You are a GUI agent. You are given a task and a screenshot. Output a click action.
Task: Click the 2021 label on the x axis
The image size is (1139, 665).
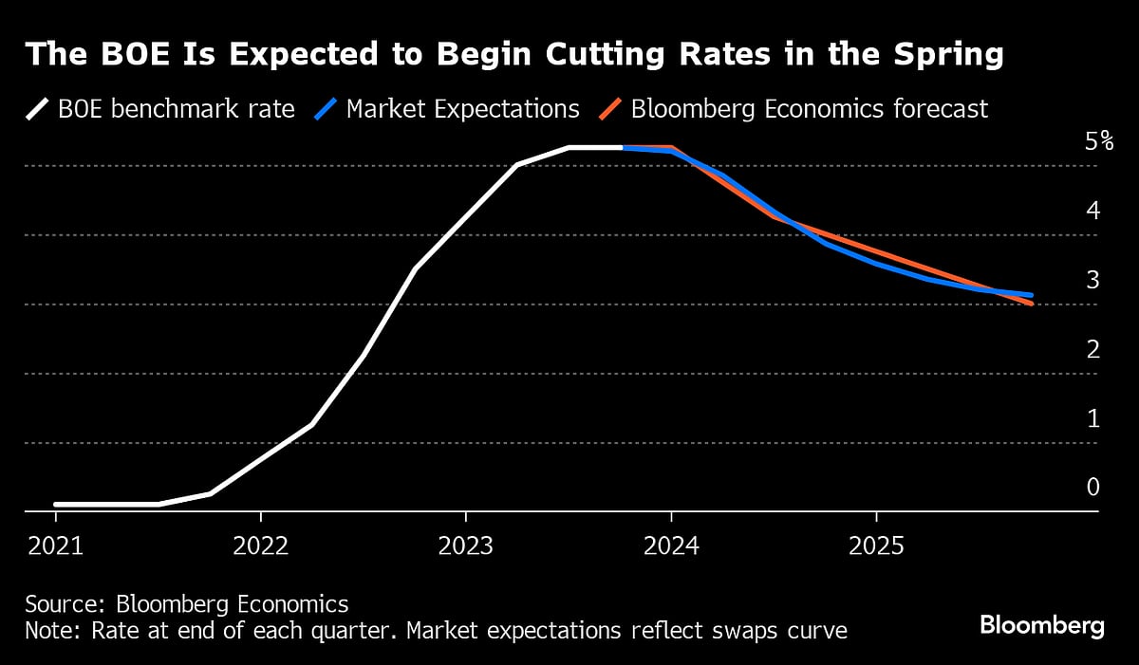click(55, 546)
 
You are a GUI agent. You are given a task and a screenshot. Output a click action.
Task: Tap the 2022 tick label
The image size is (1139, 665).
click(260, 546)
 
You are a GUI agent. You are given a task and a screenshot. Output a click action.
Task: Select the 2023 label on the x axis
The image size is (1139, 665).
click(465, 546)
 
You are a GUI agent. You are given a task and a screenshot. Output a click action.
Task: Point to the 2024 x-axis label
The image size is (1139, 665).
click(670, 546)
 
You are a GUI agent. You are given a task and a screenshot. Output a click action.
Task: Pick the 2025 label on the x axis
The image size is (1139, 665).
click(875, 546)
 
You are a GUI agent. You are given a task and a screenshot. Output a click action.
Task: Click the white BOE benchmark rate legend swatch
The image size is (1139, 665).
click(37, 109)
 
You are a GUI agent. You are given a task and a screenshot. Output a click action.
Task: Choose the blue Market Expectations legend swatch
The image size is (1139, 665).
click(325, 109)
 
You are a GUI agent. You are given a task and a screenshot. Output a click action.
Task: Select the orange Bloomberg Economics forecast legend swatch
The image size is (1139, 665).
click(610, 109)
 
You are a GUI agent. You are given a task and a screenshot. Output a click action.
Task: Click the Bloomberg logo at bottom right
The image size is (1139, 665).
click(1042, 626)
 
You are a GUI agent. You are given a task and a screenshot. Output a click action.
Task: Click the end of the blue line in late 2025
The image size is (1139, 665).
click(1031, 295)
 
